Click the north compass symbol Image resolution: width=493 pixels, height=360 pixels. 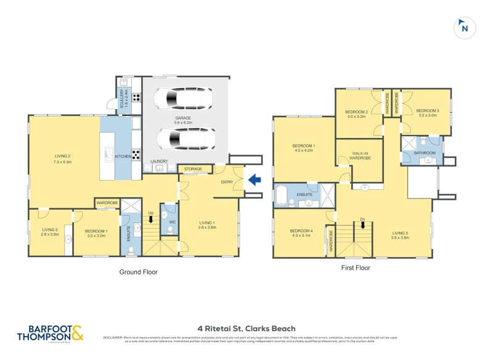464,28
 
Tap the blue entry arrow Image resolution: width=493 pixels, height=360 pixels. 254,181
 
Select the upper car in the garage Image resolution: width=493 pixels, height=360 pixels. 183,98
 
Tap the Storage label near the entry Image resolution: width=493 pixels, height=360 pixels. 194,168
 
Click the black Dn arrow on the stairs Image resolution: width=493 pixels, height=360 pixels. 363,224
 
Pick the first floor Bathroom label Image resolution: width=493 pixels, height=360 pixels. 425,153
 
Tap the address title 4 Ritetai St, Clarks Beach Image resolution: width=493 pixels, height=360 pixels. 246,329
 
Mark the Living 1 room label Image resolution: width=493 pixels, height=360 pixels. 207,225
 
